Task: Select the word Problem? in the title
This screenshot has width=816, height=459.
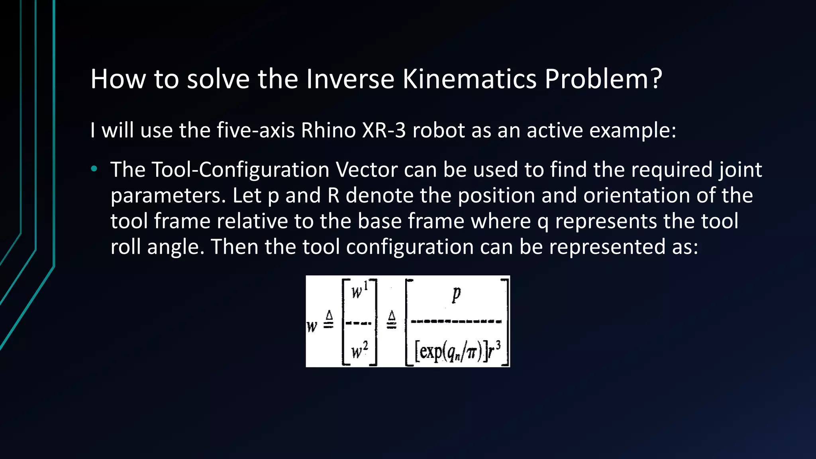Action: click(x=603, y=79)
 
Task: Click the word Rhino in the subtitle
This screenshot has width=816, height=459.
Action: click(x=328, y=130)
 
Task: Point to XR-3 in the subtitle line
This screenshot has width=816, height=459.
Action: click(x=384, y=130)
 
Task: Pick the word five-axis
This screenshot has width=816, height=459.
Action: click(x=255, y=130)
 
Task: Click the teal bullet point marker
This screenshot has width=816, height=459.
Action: click(x=94, y=169)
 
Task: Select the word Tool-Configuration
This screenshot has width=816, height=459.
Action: click(x=240, y=170)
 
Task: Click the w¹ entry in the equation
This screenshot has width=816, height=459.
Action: click(x=359, y=291)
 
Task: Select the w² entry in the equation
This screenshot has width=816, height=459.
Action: click(x=359, y=351)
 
